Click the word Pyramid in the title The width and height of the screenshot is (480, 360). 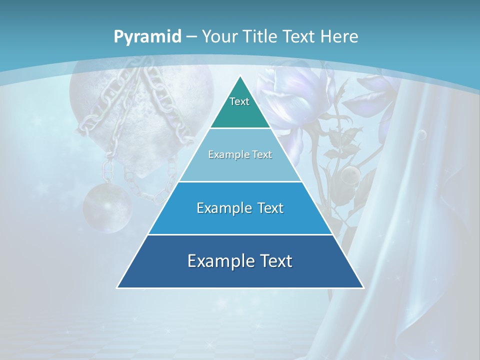(147, 37)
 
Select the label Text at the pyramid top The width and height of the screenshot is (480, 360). (239, 101)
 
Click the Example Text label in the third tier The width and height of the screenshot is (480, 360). (240, 208)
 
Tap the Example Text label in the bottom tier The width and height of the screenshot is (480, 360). (240, 260)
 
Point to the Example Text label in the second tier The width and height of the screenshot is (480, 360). (240, 154)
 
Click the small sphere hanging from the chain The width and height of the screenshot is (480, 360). (106, 208)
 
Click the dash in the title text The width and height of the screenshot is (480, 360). (191, 37)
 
